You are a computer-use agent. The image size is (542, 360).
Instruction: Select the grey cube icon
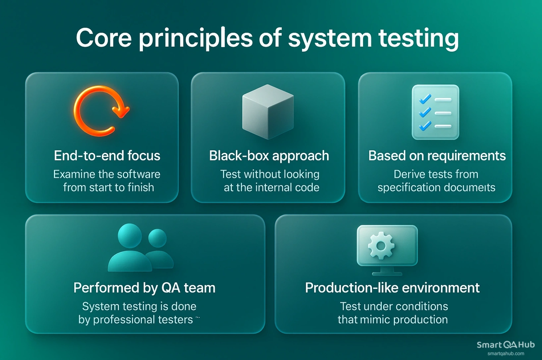268,112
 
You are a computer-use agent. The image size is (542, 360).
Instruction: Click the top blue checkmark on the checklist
425,99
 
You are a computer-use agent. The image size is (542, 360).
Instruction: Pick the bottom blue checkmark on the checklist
425,126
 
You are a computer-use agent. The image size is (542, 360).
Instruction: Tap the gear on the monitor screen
381,246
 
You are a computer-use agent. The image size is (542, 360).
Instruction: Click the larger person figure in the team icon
130,249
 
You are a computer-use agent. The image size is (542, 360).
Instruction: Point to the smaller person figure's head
157,238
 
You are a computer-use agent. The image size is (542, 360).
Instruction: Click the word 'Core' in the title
104,38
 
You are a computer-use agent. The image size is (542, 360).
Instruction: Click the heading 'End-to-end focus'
107,156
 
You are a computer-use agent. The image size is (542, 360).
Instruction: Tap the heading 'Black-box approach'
269,156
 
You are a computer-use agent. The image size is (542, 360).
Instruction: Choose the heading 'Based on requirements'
437,156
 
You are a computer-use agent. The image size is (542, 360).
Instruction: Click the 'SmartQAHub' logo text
505,345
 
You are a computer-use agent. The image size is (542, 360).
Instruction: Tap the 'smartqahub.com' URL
506,354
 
